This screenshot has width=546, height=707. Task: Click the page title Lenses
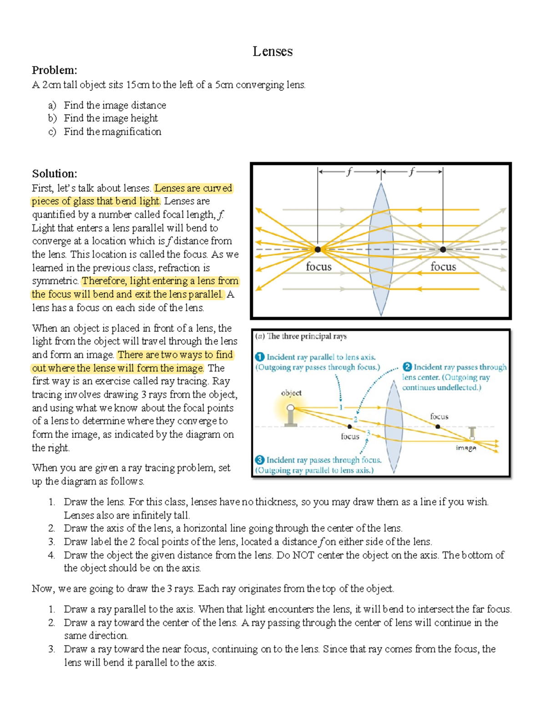[x=273, y=51]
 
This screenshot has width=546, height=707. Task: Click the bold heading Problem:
[x=54, y=70]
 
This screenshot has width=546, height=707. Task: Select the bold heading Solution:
[x=54, y=173]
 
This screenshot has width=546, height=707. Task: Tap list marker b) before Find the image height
[x=52, y=118]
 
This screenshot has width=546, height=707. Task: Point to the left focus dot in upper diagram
[x=318, y=249]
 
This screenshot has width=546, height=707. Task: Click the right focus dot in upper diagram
[x=443, y=249]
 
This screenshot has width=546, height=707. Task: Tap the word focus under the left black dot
[x=318, y=267]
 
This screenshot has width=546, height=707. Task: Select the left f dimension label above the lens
[x=349, y=172]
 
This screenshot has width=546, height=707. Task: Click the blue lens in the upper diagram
[x=381, y=249]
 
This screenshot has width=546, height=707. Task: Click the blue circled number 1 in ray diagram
[x=260, y=357]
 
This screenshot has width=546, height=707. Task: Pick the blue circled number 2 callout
[x=407, y=367]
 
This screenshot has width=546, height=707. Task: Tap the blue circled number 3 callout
[x=260, y=460]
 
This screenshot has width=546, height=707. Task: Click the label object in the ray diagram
[x=291, y=393]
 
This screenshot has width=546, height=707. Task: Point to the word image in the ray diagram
[x=466, y=448]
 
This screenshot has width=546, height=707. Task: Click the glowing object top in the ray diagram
[x=290, y=408]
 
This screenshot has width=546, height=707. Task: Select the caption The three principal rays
[x=307, y=336]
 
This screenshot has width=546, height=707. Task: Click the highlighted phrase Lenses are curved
[x=193, y=188]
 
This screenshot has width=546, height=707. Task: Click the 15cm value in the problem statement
[x=137, y=85]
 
